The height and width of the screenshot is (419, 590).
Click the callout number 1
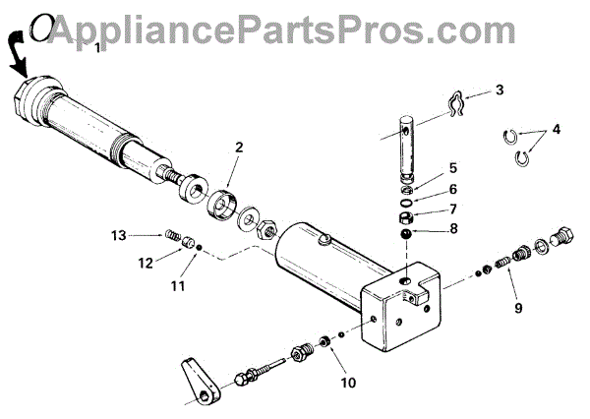(x=96, y=46)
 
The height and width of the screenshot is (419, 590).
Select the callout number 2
(x=237, y=148)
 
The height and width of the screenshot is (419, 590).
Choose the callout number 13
(x=119, y=235)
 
